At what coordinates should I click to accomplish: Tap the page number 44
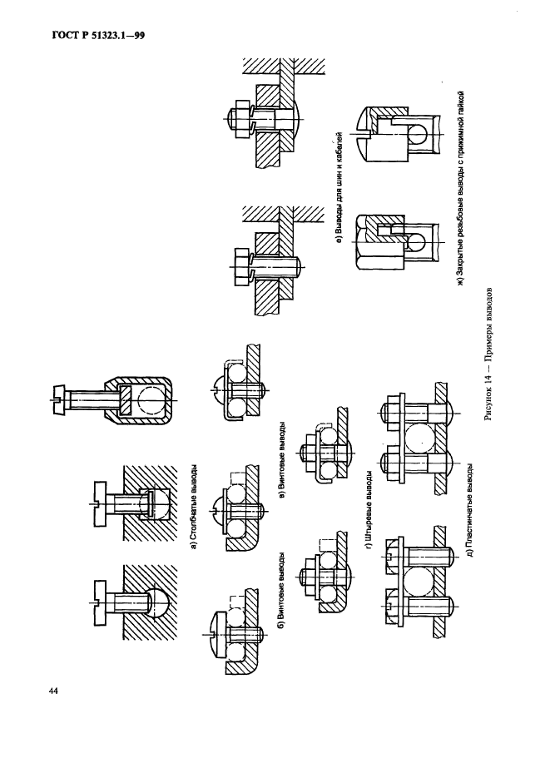pyautogui.click(x=53, y=691)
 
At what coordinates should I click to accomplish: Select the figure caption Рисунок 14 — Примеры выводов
pyautogui.click(x=491, y=354)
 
